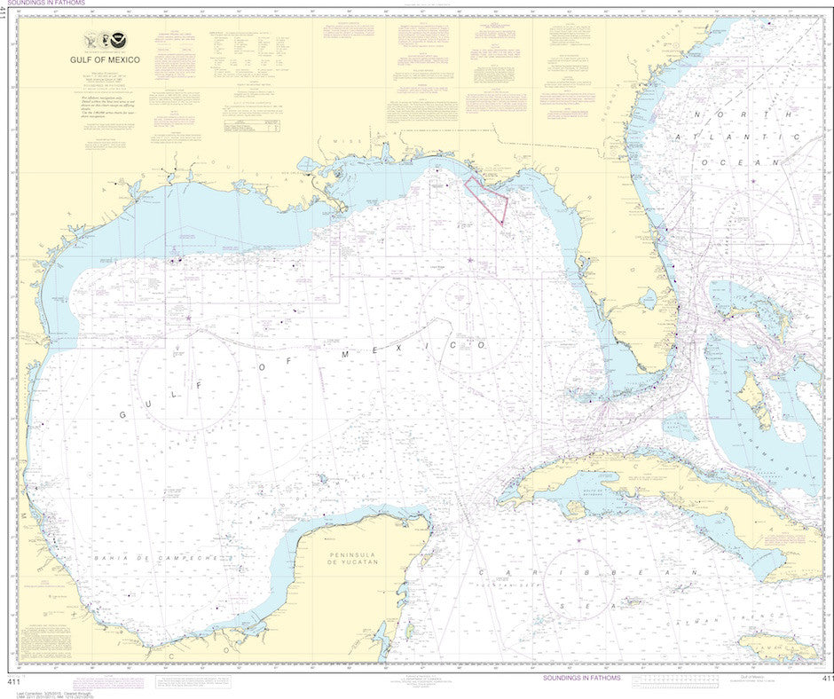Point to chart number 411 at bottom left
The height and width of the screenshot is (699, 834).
pos(13,679)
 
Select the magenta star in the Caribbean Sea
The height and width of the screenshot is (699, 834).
pos(578,540)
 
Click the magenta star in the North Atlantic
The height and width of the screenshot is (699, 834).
pos(753,181)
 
